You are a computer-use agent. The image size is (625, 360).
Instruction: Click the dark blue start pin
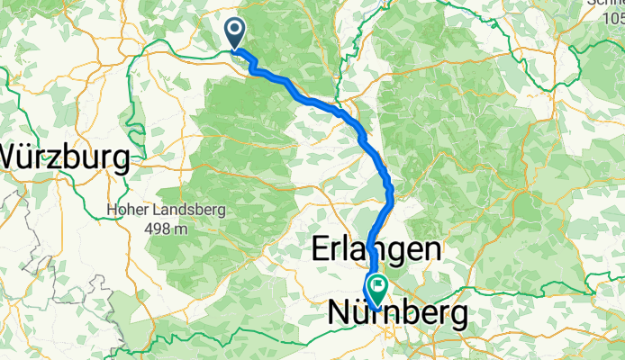235,34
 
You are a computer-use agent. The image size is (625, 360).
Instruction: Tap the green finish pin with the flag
376,289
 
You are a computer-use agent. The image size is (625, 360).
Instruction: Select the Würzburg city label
64,157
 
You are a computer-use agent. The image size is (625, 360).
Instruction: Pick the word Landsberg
191,210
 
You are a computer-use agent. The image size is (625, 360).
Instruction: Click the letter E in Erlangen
320,249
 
